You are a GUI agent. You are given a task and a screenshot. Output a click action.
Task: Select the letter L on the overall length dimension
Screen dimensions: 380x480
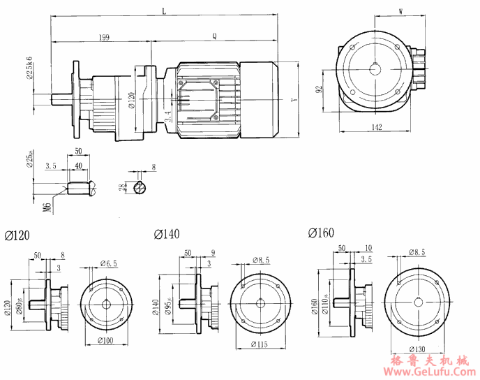coord(164,12)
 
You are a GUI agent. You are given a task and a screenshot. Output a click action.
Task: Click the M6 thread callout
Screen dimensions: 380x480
coord(47,206)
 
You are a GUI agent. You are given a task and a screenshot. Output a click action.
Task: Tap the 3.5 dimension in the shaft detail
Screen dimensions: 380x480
coord(50,166)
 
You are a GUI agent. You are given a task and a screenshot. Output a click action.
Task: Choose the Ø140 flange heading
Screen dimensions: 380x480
coord(169,233)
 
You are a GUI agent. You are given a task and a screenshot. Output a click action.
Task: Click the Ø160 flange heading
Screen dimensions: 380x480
coord(321,233)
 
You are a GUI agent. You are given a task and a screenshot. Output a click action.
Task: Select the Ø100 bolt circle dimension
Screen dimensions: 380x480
coord(106,340)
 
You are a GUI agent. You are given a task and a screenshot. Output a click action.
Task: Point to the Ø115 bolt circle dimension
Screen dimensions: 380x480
coord(260,344)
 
